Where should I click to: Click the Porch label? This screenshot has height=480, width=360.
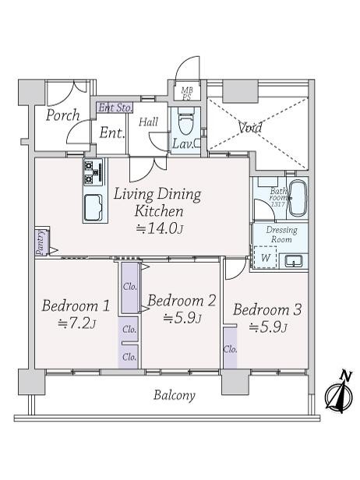(62, 115)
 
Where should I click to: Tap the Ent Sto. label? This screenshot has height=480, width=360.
(115, 108)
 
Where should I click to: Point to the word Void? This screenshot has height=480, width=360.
(250, 128)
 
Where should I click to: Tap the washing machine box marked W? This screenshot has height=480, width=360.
(266, 258)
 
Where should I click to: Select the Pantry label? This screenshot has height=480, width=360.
(39, 242)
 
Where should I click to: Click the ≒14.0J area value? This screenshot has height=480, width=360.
(160, 228)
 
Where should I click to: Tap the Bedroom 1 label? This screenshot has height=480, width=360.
(76, 305)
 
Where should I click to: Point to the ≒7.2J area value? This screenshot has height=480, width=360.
(76, 324)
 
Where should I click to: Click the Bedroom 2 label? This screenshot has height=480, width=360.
(182, 301)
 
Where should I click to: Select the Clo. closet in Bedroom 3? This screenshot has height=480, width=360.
(230, 348)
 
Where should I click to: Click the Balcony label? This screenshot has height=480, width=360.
(173, 396)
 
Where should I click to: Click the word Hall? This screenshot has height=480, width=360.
(149, 122)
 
